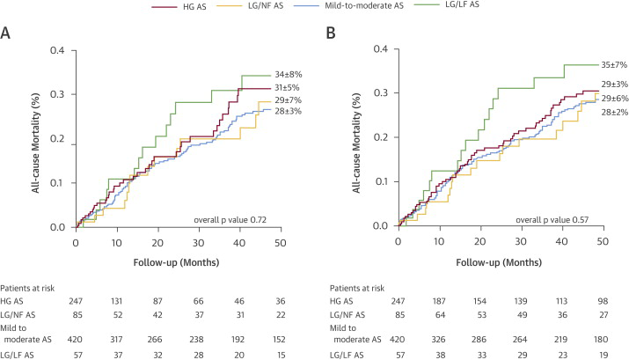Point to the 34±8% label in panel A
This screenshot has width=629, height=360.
point(296,76)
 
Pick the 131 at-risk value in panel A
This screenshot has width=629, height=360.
point(115,302)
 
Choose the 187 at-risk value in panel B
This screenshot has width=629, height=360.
point(438,302)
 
